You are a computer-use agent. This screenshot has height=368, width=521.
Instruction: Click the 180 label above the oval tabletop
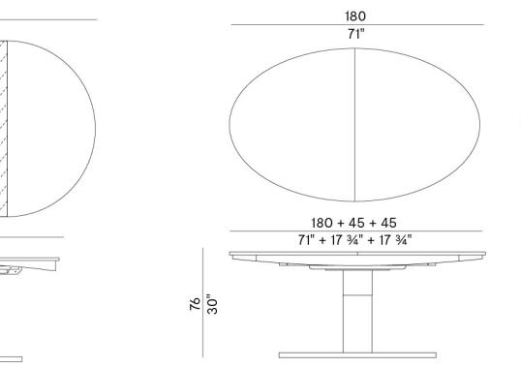355,15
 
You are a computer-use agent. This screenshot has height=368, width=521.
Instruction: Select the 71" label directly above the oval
355,34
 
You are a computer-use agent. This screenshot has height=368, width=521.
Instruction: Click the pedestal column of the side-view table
355,310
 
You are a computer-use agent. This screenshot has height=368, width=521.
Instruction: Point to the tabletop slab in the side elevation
355,255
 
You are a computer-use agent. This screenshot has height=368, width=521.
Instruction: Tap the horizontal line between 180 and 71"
355,25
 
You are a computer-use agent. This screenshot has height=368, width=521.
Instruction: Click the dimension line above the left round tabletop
48,19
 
